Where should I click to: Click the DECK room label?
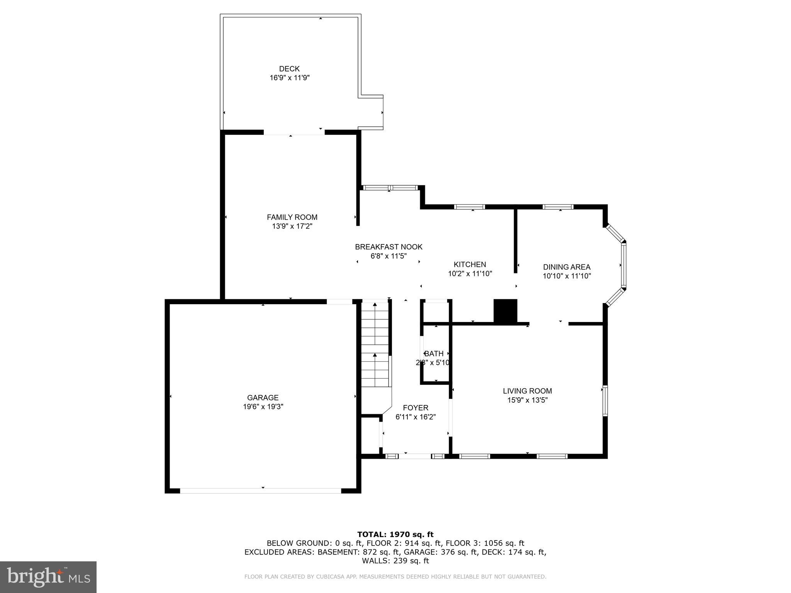(289, 69)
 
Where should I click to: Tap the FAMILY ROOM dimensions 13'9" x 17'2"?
(292, 226)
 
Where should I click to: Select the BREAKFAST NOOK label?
(389, 247)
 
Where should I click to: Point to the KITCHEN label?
(470, 264)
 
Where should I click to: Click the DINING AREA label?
(567, 267)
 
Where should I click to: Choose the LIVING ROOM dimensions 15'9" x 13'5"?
(527, 400)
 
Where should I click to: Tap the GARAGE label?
(263, 397)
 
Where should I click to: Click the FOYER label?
(416, 408)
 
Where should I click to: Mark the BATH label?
(434, 354)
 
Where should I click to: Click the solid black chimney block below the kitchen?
(505, 311)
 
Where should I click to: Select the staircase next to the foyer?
(375, 344)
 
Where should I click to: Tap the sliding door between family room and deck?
(294, 132)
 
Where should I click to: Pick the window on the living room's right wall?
(605, 401)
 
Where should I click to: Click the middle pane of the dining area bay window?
(623, 265)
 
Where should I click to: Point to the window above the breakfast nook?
(390, 188)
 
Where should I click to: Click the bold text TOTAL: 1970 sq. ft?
(395, 535)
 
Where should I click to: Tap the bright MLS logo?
(48, 577)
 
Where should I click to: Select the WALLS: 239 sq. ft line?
(395, 561)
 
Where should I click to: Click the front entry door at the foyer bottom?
(415, 456)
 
